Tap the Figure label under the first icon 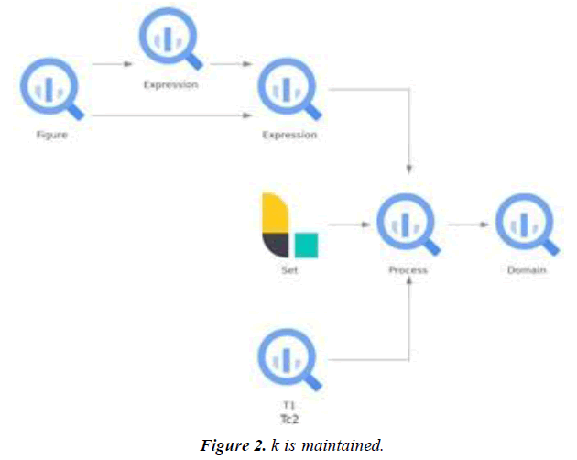click(x=51, y=135)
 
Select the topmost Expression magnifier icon click(x=169, y=38)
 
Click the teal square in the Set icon click(x=306, y=245)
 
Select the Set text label click(x=288, y=270)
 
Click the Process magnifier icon click(x=408, y=224)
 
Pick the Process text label click(x=408, y=270)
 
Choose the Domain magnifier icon click(x=527, y=224)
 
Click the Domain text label click(x=527, y=270)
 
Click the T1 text click(x=288, y=405)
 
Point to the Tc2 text click(x=288, y=418)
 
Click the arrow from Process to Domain click(x=467, y=224)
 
